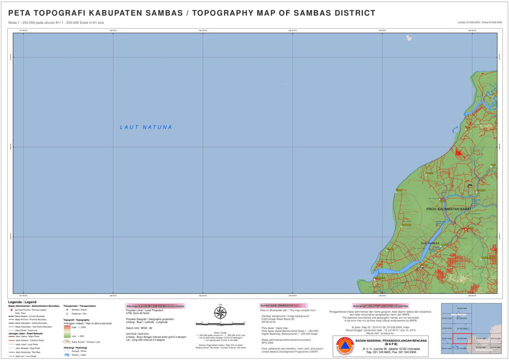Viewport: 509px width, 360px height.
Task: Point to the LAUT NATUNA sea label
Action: click(x=146, y=127)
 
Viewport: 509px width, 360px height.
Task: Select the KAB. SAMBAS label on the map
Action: click(x=430, y=243)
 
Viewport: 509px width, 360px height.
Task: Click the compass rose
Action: click(x=220, y=313)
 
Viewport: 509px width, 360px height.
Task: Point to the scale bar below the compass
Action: click(x=220, y=323)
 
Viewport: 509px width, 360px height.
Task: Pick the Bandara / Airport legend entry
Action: click(x=79, y=310)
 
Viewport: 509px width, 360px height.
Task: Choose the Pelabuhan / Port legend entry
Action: click(x=79, y=314)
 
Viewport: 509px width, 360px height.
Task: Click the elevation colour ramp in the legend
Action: click(x=67, y=332)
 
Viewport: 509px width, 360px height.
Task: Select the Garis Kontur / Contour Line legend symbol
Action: click(x=67, y=341)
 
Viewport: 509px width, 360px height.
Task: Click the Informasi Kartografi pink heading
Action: click(x=155, y=306)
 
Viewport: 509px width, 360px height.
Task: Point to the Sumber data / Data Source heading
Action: click(x=277, y=306)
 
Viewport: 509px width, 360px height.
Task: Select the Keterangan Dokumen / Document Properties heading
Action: click(x=380, y=306)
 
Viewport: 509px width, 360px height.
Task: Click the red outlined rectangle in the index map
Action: click(x=462, y=338)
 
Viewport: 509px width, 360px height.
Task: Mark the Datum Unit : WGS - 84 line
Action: click(x=139, y=328)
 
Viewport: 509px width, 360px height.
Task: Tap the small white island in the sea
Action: click(x=409, y=38)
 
